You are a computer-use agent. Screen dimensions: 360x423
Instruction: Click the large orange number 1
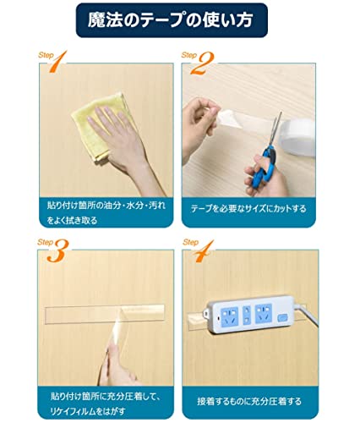pyautogui.click(x=58, y=62)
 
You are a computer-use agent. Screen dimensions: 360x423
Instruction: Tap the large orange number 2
pyautogui.click(x=202, y=63)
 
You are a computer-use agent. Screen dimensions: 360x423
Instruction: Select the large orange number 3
pyautogui.click(x=58, y=250)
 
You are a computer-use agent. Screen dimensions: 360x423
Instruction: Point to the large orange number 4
pyautogui.click(x=205, y=251)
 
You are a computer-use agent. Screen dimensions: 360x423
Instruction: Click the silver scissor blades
pyautogui.click(x=275, y=129)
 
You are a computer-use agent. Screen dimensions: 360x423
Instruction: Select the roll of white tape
pyautogui.click(x=297, y=137)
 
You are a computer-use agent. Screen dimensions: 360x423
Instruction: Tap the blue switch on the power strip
pyautogui.click(x=282, y=318)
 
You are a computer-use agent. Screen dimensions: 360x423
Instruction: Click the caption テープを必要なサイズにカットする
pyautogui.click(x=248, y=209)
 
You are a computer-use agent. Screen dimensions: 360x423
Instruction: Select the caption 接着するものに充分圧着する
pyautogui.click(x=249, y=401)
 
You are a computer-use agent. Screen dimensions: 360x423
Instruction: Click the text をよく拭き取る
pyautogui.click(x=72, y=220)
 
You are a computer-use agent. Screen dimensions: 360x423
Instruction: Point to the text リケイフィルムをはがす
pyautogui.click(x=88, y=411)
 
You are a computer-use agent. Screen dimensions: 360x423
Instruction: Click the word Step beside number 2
pyautogui.click(x=189, y=55)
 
